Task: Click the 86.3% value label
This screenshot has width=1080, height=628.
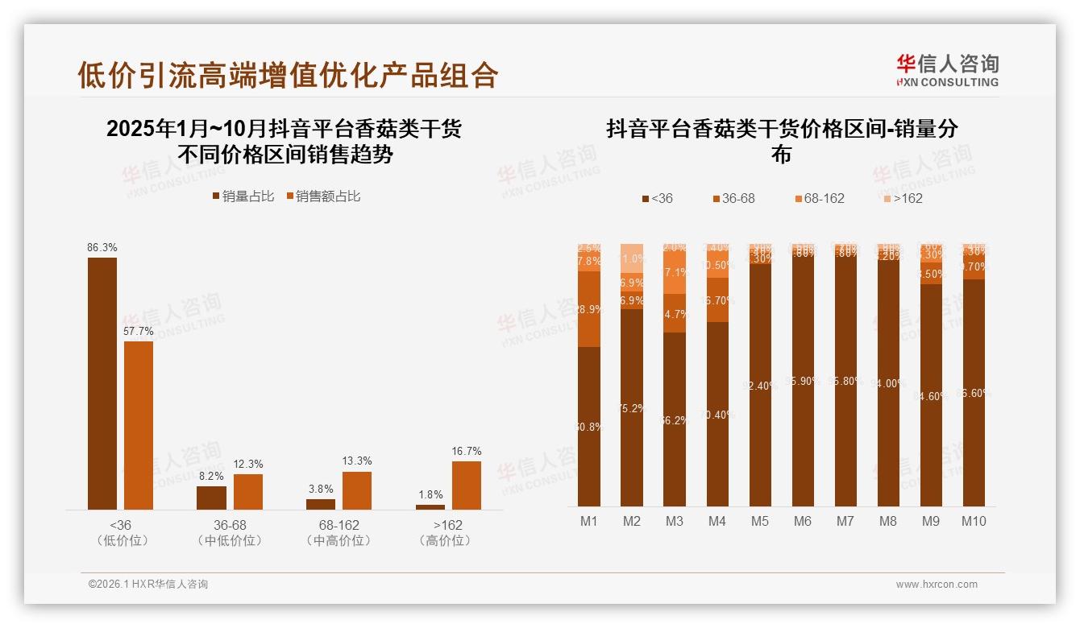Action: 102,248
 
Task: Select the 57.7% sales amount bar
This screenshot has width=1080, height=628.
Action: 139,425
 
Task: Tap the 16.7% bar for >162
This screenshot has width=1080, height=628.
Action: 466,485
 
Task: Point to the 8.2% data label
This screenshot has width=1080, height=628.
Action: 211,477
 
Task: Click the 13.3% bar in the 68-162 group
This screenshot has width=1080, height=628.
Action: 357,490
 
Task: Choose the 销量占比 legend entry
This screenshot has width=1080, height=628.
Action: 243,196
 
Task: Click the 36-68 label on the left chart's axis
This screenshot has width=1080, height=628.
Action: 230,525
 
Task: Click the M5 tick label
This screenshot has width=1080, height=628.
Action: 760,521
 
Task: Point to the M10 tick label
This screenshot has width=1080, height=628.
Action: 973,521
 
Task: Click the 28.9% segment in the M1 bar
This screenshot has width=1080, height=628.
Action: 589,309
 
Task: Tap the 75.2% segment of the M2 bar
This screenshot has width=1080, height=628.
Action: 632,407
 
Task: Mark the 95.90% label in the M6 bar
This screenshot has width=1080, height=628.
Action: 803,381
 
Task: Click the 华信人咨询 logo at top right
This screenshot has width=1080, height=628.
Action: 947,70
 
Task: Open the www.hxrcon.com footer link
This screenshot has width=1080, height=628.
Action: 937,585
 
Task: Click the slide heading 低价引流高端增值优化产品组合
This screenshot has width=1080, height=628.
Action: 288,75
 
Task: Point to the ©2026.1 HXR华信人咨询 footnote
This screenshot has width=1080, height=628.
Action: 148,585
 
